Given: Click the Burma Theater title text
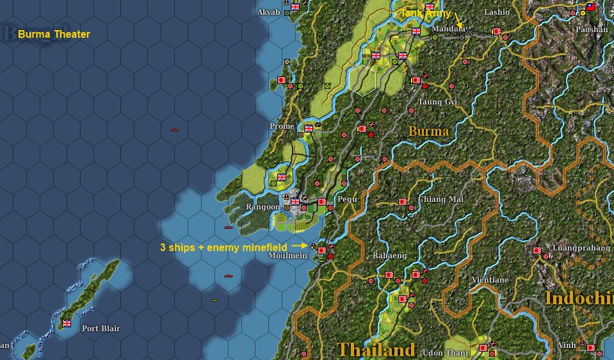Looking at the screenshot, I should coord(54,34).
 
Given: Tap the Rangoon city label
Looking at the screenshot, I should coord(263,207).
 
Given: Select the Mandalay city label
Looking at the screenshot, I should coord(448,29).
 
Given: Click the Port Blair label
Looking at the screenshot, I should coord(101,329).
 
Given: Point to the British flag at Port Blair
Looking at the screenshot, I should coord(66,323).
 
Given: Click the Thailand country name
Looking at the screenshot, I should coord(376,350).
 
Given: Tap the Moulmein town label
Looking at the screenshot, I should coord(287,256).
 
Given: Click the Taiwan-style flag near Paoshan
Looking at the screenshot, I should coord(591,7).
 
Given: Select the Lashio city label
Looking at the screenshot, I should coord(497,12).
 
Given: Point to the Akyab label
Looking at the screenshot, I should coord(268,12).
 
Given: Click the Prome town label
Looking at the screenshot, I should coord(282,126).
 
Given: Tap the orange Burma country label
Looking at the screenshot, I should coord(428,131).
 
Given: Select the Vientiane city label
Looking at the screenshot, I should coord(490,280).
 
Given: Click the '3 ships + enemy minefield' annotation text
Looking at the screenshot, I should coord(223,246).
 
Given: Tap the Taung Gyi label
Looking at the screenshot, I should coord(438,102).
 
